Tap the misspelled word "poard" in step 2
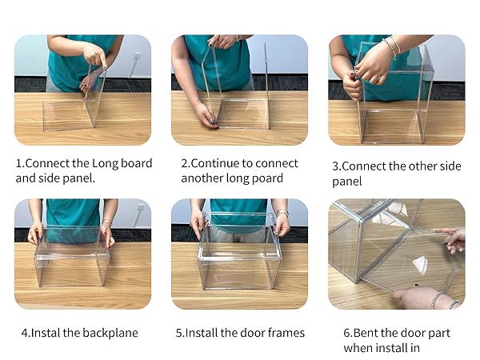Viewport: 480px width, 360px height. [x=267, y=178]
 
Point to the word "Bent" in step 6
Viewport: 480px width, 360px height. [x=369, y=333]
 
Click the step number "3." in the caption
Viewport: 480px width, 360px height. [x=337, y=167]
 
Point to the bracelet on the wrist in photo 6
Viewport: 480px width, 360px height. [x=436, y=300]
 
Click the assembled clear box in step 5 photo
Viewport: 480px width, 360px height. [x=238, y=256]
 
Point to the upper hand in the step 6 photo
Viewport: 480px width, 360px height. [x=451, y=239]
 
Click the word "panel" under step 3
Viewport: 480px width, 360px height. [x=348, y=182]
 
